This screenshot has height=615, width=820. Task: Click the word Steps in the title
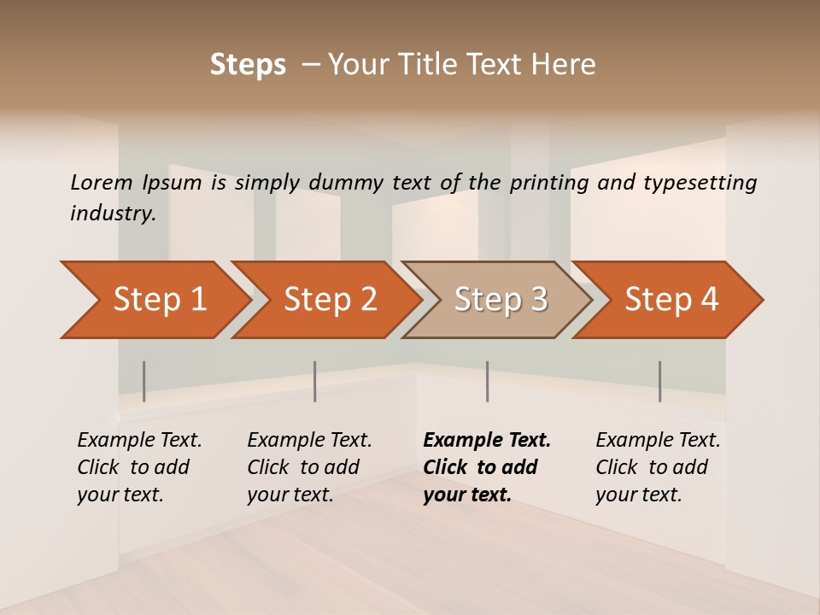pos(248,65)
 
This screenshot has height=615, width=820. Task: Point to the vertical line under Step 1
pos(144,381)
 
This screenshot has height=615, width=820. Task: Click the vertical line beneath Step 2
pos(315,381)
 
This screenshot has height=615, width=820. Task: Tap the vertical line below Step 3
pos(488,381)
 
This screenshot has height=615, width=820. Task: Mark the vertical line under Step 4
pos(660,381)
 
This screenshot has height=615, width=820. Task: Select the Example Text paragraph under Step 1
pos(139,466)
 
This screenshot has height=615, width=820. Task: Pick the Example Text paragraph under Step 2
pos(309,466)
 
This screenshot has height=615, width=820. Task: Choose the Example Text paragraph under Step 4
pos(658,466)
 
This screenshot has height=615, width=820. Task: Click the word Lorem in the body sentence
pos(102,182)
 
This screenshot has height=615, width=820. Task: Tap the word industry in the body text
pos(113,214)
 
